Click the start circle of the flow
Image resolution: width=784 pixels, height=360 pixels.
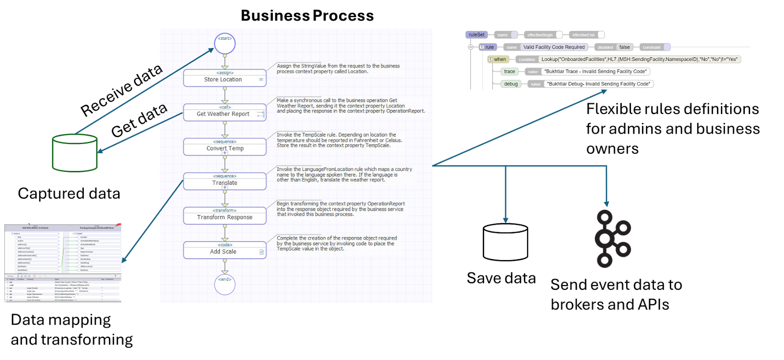(225, 43)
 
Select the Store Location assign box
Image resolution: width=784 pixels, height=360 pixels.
(224, 78)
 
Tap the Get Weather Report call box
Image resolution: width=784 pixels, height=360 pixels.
(224, 113)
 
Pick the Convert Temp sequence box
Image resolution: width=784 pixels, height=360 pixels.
(224, 147)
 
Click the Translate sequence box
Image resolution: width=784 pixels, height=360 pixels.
(224, 181)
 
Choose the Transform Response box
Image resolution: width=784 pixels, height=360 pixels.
(224, 216)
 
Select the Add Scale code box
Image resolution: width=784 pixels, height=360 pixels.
(224, 250)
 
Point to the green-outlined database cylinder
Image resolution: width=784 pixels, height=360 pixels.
(75, 153)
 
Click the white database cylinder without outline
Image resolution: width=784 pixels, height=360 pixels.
(505, 242)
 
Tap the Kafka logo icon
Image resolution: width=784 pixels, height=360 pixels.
(612, 239)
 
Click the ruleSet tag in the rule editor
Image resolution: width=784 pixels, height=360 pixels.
(476, 35)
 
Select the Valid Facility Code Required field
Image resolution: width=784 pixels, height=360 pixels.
(554, 47)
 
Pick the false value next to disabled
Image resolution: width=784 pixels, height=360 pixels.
(624, 47)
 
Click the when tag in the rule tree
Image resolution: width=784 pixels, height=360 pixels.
(499, 59)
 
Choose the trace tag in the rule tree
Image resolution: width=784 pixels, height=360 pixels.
(510, 72)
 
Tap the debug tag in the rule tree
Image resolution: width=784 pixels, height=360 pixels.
(511, 84)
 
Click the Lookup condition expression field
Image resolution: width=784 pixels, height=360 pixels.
(639, 59)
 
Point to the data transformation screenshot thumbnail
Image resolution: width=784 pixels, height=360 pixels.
(63, 263)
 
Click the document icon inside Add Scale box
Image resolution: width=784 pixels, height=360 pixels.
(262, 252)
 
